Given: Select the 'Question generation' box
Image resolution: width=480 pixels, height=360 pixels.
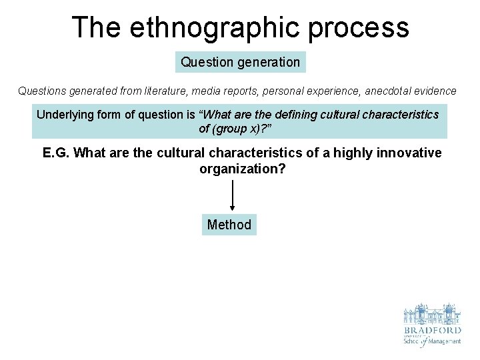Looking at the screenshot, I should (x=241, y=62).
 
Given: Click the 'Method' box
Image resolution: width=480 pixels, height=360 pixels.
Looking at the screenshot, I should (x=229, y=225).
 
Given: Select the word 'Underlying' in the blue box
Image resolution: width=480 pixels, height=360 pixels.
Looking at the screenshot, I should (x=65, y=114).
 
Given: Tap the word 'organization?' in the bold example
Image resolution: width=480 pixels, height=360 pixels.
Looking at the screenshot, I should (x=243, y=169).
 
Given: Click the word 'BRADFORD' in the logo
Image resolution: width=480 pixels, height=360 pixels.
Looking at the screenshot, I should (x=432, y=329).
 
